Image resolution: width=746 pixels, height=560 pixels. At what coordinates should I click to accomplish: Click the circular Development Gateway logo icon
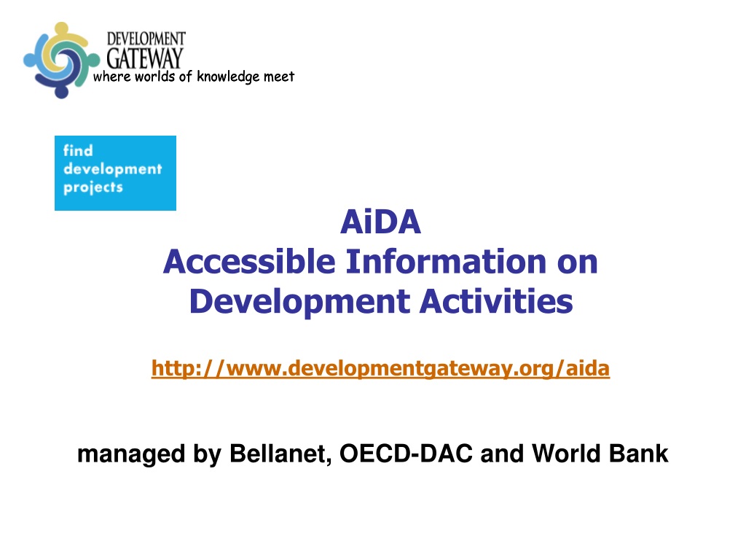tap(61, 60)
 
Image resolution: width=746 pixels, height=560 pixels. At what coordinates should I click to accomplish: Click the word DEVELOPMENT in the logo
tap(146, 39)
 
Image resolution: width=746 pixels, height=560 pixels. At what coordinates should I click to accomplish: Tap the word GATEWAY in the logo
tap(145, 58)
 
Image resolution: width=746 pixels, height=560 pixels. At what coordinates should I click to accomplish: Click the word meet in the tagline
tap(279, 77)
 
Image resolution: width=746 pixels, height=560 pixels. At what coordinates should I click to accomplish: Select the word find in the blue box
tap(78, 150)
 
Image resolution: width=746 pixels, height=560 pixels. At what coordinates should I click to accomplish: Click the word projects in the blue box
tap(93, 187)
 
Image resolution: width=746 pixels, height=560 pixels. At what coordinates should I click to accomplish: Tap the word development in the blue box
tap(113, 169)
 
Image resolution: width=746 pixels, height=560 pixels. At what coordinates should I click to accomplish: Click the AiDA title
tap(380, 222)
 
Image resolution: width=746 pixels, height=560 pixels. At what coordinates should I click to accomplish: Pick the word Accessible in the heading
tap(249, 262)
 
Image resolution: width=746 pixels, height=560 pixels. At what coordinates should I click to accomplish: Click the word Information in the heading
tap(446, 262)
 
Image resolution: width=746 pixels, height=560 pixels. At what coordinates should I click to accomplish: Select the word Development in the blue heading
tap(299, 302)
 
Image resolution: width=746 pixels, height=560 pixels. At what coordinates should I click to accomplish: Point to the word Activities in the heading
tap(496, 301)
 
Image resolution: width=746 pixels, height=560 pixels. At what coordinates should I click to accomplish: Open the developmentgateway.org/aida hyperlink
tap(380, 368)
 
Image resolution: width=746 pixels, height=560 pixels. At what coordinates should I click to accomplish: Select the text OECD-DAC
tap(406, 453)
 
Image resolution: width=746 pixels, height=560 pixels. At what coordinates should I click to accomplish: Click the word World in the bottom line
tap(566, 453)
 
